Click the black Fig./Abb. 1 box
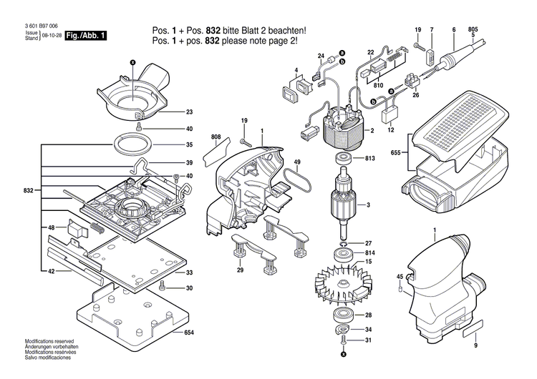[x=86, y=35]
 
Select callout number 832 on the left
[x=29, y=191]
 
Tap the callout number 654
[x=189, y=333]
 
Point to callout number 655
[x=395, y=152]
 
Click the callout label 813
[x=370, y=159]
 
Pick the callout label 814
[x=370, y=253]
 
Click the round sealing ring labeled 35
[x=134, y=144]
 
